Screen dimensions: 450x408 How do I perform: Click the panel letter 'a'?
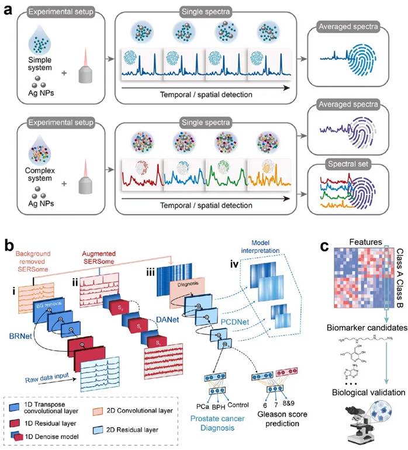point(8,8)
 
